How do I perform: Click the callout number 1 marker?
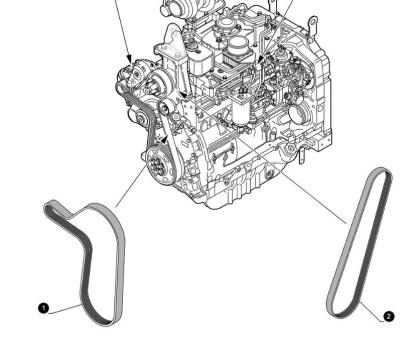click(x=44, y=308)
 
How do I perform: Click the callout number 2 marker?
click(x=389, y=316)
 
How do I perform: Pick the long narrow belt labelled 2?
click(x=361, y=240)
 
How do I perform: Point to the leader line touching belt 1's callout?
click(x=64, y=308)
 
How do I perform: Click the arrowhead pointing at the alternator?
click(x=127, y=56)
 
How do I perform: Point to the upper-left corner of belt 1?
click(x=52, y=208)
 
